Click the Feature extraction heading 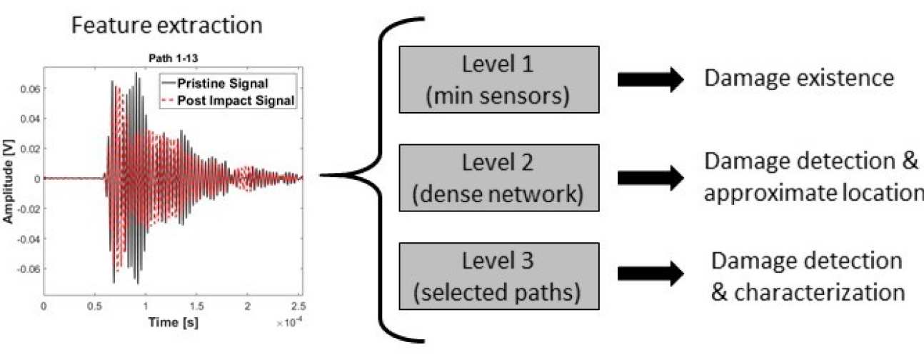(x=166, y=26)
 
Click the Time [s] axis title (x=173, y=323)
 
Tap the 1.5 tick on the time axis (x=196, y=305)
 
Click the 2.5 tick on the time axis (x=297, y=305)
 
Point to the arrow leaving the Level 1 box (x=649, y=81)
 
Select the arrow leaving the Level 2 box (x=649, y=179)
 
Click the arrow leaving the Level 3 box (x=649, y=272)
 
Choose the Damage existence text (x=799, y=78)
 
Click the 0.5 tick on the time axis (x=94, y=305)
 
